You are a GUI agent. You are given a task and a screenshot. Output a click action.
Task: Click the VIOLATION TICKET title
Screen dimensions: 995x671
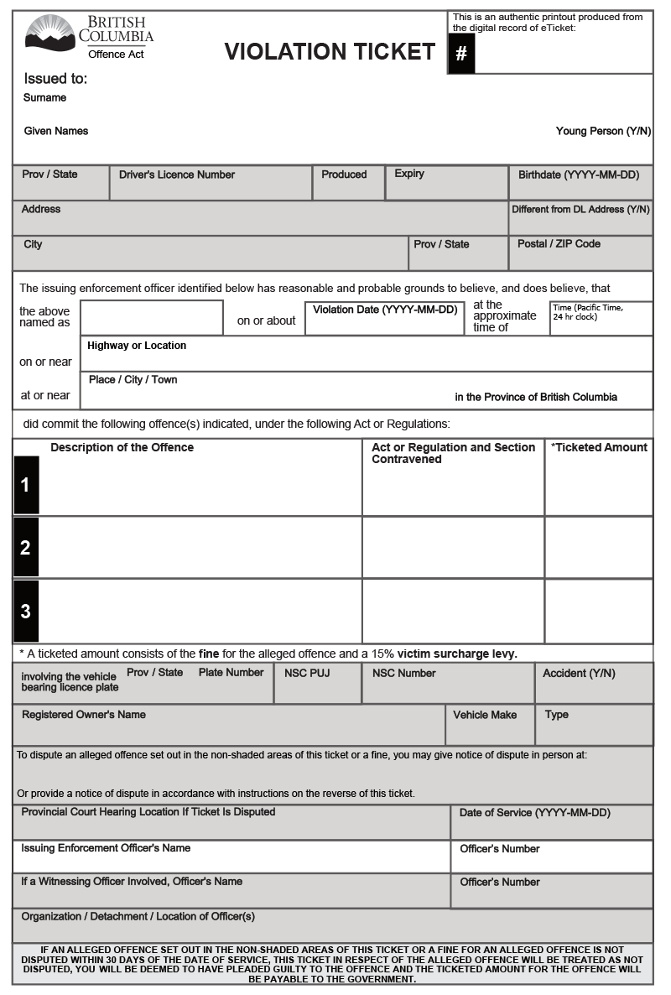pos(330,52)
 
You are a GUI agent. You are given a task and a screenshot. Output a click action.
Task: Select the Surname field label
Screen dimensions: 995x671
pos(44,97)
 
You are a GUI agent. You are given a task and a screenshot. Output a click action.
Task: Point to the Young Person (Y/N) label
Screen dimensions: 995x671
pos(603,131)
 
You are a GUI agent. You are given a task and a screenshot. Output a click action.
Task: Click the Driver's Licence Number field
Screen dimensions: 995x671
pos(210,182)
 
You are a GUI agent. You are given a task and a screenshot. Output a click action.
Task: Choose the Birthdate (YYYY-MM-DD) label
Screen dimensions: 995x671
pos(579,175)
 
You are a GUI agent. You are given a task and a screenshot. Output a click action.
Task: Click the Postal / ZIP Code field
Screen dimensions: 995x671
pos(580,253)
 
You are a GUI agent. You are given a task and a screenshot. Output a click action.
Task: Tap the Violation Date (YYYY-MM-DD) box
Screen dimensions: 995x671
pos(384,318)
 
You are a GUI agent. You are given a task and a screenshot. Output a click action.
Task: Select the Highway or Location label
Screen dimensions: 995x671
pos(137,346)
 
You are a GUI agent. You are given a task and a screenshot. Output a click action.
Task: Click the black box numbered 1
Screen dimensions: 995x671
pos(25,485)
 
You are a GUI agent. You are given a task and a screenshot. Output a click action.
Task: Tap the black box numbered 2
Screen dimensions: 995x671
pos(25,548)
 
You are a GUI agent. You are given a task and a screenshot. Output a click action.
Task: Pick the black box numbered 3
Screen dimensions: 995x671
pos(25,611)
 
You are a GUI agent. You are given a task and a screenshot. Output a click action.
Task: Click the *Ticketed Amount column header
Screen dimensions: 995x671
pos(599,447)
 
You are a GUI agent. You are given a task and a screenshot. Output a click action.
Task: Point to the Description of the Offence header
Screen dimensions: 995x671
pos(122,447)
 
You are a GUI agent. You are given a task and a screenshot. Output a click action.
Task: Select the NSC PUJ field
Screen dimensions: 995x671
pos(317,683)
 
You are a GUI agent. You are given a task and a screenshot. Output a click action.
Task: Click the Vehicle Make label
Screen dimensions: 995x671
pos(485,715)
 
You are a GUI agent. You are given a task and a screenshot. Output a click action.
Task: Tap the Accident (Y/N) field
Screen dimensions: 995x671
pos(593,683)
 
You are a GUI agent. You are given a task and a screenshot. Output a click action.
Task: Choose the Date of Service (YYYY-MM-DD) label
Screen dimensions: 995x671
pos(534,813)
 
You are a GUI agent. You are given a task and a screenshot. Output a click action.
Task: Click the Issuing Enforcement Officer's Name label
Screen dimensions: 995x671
pos(106,848)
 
